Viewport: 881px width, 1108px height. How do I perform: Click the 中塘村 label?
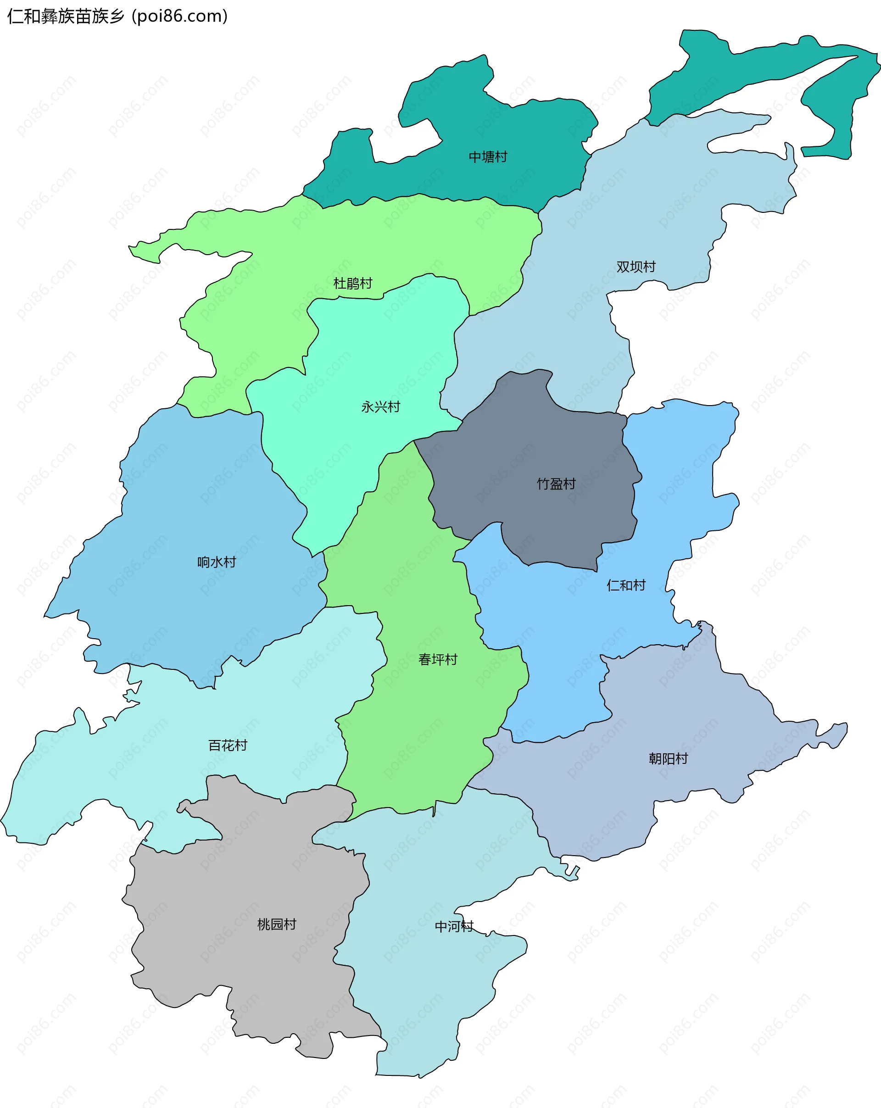click(488, 157)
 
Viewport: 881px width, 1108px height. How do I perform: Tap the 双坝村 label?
click(636, 267)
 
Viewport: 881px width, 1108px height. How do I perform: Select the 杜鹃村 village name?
click(352, 283)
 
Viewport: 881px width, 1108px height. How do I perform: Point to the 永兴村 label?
click(380, 407)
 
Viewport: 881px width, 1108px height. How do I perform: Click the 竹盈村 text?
click(556, 484)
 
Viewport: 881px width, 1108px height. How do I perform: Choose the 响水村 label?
click(217, 562)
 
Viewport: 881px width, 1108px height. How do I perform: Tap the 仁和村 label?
click(625, 585)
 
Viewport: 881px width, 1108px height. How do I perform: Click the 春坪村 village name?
click(437, 659)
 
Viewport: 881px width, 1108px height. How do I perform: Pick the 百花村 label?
click(228, 745)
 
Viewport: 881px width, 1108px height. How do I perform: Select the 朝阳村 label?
click(668, 758)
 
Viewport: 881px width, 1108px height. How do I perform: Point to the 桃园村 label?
click(277, 924)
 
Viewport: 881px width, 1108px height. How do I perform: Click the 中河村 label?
click(454, 927)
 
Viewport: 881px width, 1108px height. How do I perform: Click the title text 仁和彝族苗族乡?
click(66, 17)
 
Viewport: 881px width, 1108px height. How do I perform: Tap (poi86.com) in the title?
click(180, 17)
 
